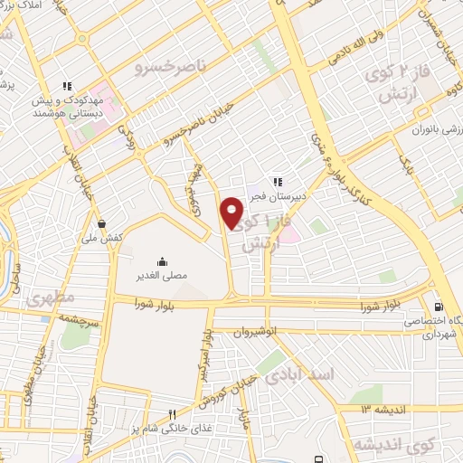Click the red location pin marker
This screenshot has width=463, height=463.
click(232, 213)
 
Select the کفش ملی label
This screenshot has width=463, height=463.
click(101, 237)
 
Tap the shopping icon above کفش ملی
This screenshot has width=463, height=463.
click(101, 222)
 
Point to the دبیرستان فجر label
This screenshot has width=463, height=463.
click(279, 194)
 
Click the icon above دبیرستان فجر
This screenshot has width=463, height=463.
click(279, 179)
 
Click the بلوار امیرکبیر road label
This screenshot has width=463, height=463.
click(206, 349)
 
